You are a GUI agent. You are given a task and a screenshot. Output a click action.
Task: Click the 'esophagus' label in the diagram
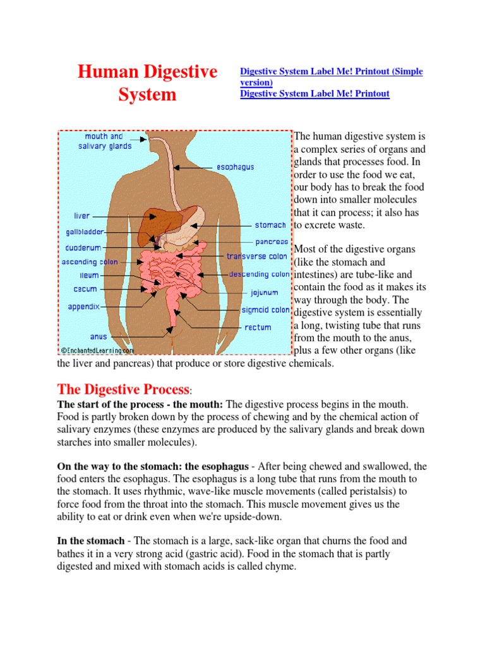tap(235, 167)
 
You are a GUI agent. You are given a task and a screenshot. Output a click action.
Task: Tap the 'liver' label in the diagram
tap(82, 216)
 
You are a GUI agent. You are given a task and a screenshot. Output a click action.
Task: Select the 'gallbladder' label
tap(85, 232)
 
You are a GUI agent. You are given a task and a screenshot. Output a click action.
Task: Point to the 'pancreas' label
tap(272, 242)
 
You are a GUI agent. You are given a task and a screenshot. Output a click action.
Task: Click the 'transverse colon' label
tap(257, 257)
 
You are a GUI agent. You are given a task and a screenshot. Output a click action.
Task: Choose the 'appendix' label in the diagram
tap(84, 307)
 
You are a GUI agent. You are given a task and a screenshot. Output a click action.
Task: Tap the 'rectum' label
tap(258, 327)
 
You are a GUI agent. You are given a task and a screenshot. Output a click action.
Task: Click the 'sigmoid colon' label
tap(265, 310)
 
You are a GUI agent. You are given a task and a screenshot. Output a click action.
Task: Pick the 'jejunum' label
tap(264, 293)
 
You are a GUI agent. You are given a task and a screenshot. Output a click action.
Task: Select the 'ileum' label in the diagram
tap(88, 275)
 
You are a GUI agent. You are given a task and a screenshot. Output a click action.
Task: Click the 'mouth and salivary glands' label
tap(105, 141)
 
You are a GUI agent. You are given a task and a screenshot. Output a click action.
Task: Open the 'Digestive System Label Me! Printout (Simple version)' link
tap(331, 76)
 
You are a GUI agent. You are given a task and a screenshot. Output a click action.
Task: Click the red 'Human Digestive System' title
tap(147, 83)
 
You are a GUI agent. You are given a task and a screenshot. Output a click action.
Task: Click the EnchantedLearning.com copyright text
tap(97, 349)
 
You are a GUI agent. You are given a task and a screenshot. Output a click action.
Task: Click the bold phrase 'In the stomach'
tap(91, 541)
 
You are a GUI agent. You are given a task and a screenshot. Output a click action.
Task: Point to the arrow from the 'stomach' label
tap(227, 225)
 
